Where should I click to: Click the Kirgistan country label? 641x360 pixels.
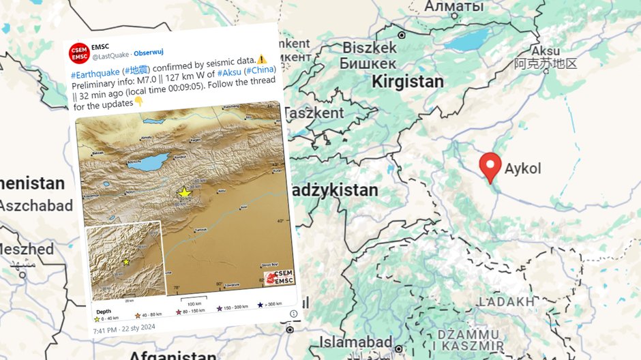point(408,82)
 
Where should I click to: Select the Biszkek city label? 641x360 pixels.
point(370,48)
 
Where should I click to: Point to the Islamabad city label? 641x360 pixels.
point(357,342)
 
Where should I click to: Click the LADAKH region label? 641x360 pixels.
point(506,301)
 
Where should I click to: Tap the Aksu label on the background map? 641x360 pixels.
point(546,52)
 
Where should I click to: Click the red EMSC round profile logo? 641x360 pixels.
point(79,52)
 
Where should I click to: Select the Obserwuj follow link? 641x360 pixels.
point(148,54)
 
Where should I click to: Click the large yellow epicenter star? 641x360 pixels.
point(183,194)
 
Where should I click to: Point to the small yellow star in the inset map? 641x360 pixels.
point(126,262)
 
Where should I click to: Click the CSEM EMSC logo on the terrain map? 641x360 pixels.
point(279,275)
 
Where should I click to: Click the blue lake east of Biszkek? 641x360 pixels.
point(471,39)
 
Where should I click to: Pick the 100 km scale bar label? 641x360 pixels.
point(194,303)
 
